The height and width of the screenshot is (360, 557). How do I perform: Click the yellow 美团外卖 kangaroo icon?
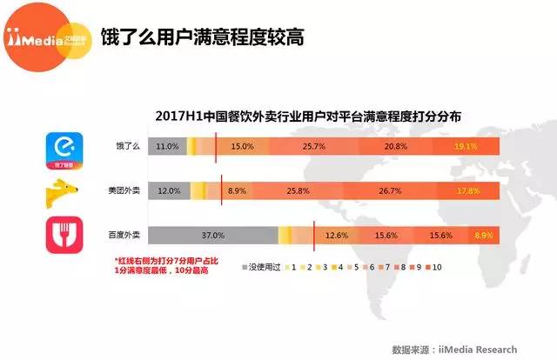[65, 190]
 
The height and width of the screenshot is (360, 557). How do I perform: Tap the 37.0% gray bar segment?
[213, 236]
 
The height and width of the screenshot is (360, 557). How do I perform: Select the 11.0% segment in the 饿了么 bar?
[167, 147]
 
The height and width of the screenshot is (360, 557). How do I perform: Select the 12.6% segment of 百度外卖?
[336, 236]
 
